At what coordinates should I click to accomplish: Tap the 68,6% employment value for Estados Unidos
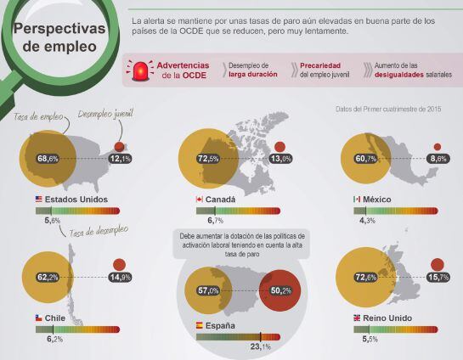pyautogui.click(x=48, y=159)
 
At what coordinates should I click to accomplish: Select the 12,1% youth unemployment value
pyautogui.click(x=120, y=159)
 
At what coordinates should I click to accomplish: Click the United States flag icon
pyautogui.click(x=39, y=199)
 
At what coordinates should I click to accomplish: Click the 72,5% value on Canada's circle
pyautogui.click(x=208, y=159)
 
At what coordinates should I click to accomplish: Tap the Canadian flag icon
pyautogui.click(x=199, y=199)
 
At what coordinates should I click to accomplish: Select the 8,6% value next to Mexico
pyautogui.click(x=438, y=159)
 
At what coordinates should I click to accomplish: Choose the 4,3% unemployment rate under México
pyautogui.click(x=367, y=221)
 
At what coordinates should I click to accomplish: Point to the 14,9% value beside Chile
pyautogui.click(x=120, y=277)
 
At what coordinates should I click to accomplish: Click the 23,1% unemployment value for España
pyautogui.click(x=260, y=346)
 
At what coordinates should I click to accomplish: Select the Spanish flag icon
pyautogui.click(x=199, y=325)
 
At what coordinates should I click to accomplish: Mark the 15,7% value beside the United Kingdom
pyautogui.click(x=438, y=277)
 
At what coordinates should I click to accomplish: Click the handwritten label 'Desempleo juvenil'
pyautogui.click(x=103, y=113)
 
